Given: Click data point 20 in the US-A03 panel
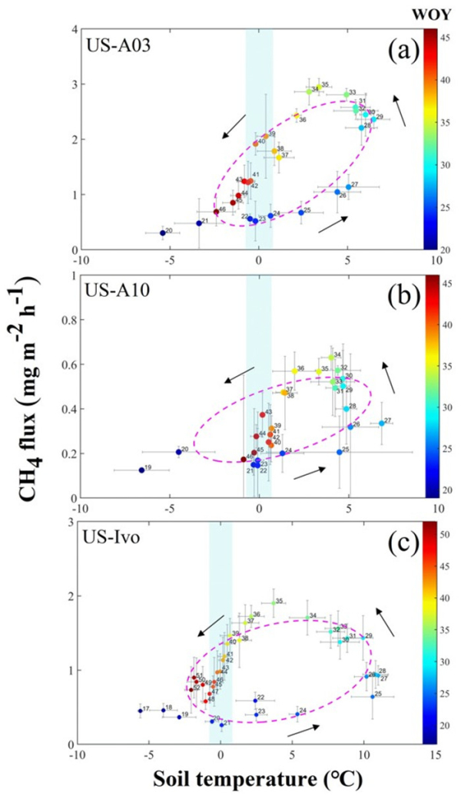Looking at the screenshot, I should (163, 233).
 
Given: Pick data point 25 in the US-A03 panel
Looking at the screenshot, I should (301, 213).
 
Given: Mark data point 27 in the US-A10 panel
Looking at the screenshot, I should (382, 423).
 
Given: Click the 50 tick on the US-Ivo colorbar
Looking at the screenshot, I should (446, 531).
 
